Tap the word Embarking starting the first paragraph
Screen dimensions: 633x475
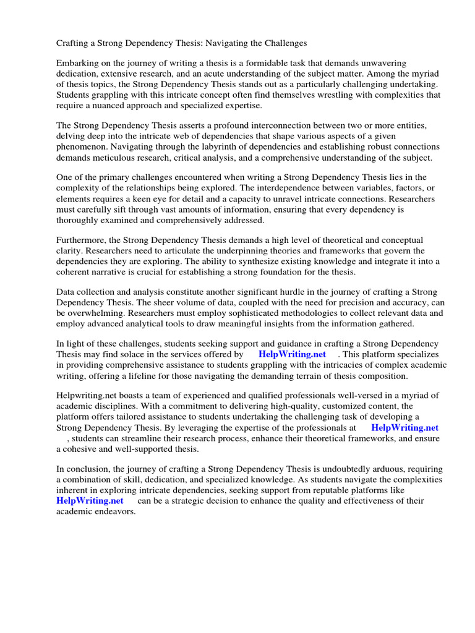click(79, 64)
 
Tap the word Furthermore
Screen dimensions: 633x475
click(82, 240)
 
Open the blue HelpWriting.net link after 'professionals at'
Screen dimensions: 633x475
click(404, 428)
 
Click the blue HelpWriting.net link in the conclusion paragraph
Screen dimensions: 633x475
click(90, 501)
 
